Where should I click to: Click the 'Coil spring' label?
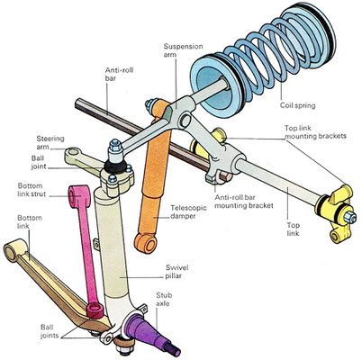(x=297, y=105)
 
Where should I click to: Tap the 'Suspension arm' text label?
(x=183, y=50)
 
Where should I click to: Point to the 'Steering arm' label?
(x=50, y=143)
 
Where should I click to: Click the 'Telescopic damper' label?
(x=188, y=211)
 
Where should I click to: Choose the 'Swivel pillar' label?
(x=176, y=272)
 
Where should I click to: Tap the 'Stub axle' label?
(x=164, y=299)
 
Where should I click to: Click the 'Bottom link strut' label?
(x=32, y=190)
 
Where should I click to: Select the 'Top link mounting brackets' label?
(x=315, y=132)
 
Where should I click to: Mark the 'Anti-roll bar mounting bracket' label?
(x=244, y=202)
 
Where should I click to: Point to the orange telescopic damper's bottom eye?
(x=145, y=242)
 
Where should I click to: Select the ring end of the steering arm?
(x=72, y=153)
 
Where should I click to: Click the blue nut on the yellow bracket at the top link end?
(x=349, y=217)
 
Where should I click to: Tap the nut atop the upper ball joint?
(x=115, y=146)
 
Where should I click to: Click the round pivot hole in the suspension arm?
(x=186, y=121)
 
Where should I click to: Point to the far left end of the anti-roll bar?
(x=77, y=104)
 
